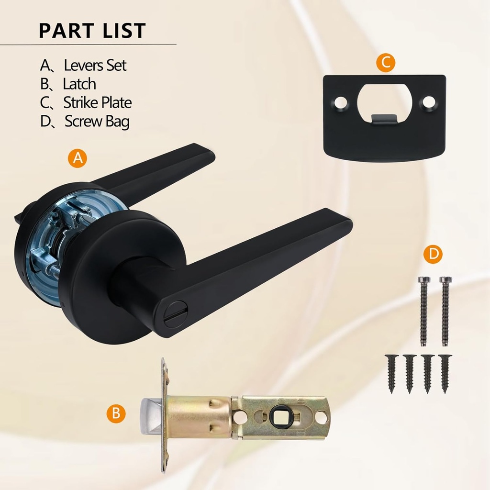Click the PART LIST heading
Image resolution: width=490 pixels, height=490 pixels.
pos(92,30)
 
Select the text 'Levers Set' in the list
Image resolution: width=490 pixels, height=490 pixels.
pos(95,65)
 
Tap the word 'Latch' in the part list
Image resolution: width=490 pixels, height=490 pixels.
pos(79,84)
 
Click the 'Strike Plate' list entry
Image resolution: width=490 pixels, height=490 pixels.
pos(97,102)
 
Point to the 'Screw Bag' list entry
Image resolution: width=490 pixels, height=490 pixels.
pos(97,122)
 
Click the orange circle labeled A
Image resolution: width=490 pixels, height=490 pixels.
pos(78,158)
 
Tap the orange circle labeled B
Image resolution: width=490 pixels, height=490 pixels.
pos(116,413)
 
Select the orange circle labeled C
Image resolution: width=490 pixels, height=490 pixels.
pos(385,62)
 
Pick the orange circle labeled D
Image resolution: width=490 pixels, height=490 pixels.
pos(433,254)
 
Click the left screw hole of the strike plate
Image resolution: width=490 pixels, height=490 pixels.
pos(341,102)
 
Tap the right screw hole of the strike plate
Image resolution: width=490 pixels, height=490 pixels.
pos(429,101)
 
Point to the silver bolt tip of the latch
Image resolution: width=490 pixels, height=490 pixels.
pos(151,415)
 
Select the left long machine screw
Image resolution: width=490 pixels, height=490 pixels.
pos(424,311)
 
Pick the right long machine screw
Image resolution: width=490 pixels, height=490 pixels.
pos(445,311)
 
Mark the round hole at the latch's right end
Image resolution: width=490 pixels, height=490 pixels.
pos(322,418)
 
